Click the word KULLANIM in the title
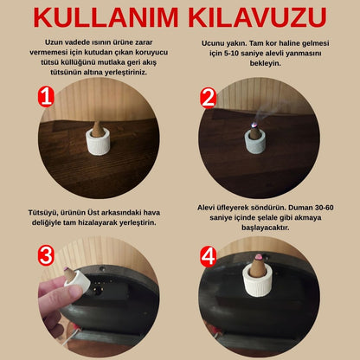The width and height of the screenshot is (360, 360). [106, 17]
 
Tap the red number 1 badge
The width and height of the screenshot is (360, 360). [46, 97]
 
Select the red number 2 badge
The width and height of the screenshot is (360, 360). [208, 98]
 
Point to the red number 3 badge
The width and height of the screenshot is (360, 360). [46, 255]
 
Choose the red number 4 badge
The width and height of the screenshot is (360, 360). [209, 256]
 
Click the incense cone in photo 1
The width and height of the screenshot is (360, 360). [98, 129]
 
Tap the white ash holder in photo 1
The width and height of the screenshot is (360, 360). [98, 141]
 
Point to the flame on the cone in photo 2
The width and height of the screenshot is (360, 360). [254, 125]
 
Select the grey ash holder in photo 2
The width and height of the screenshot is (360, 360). [255, 142]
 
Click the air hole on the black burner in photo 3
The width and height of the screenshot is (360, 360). [98, 292]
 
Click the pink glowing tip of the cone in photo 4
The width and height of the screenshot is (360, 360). [260, 256]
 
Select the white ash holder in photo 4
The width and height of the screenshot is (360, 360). [258, 280]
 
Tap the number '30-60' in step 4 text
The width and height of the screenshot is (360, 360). [323, 208]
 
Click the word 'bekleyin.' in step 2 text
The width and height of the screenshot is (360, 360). [265, 63]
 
